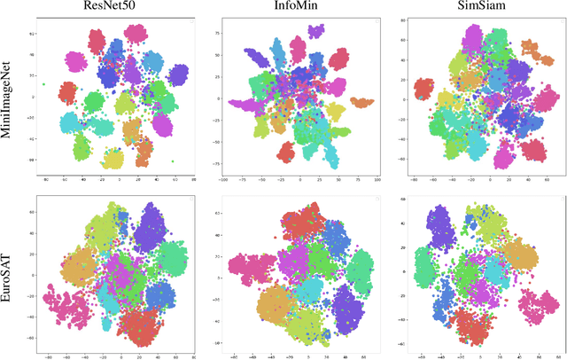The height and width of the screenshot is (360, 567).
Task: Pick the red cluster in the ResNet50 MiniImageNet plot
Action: [68, 92]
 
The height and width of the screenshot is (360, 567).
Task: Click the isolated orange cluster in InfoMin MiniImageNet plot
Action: [361, 104]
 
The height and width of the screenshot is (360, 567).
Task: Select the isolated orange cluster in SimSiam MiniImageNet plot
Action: [530, 48]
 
